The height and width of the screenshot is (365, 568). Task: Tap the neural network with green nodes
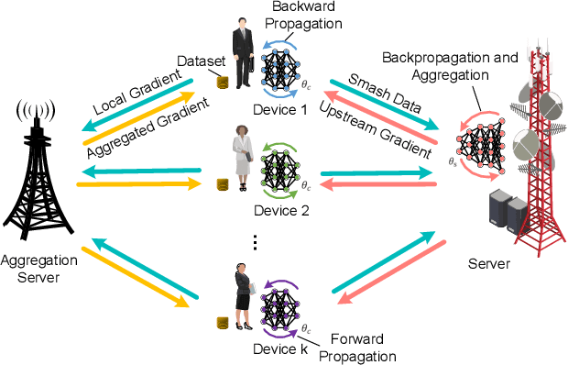coord(280,168)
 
